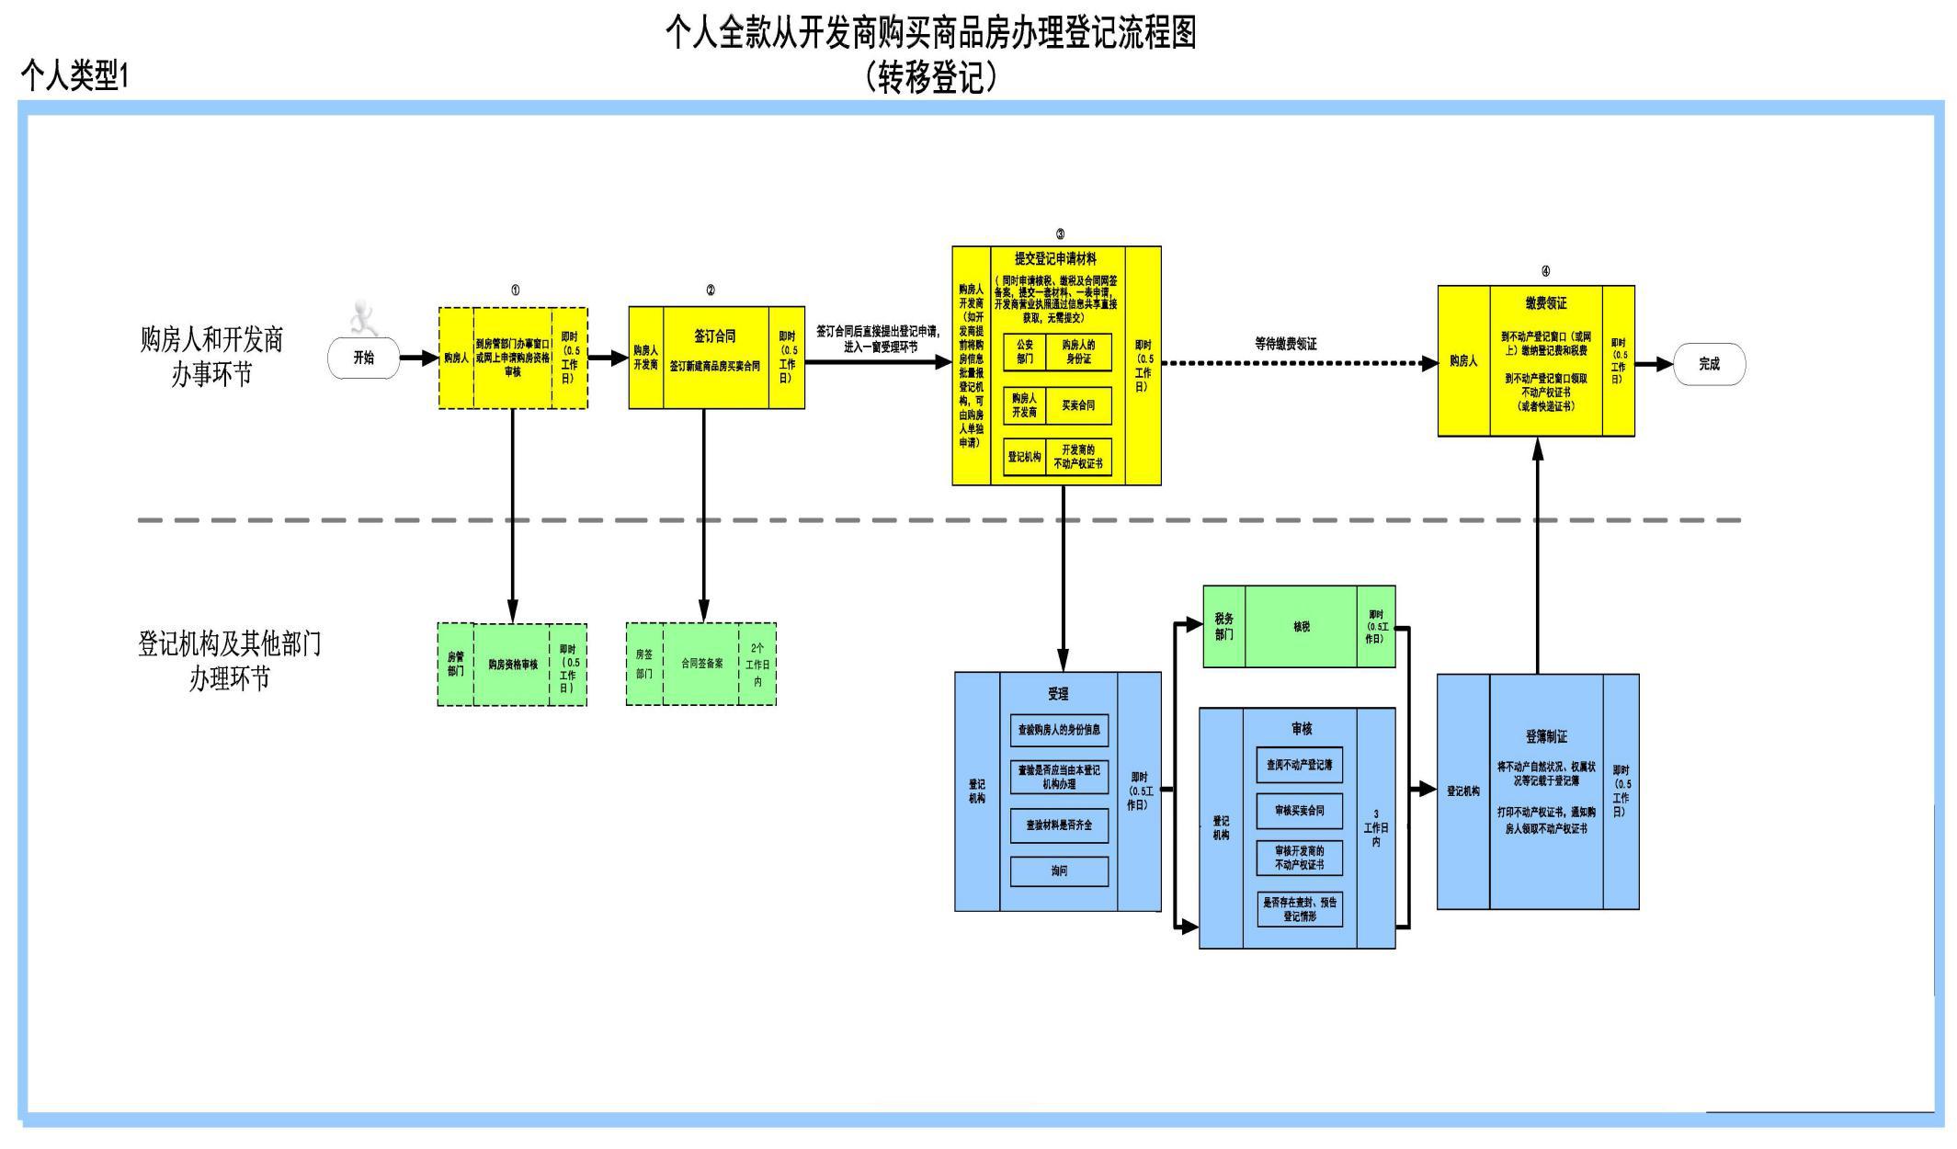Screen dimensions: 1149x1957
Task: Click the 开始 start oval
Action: click(364, 358)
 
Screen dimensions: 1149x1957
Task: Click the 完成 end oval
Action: click(1709, 364)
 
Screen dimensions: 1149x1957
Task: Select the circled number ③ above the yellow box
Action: click(1060, 235)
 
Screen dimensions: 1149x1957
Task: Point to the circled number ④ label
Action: click(1545, 271)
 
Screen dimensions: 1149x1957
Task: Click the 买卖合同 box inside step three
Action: click(1078, 405)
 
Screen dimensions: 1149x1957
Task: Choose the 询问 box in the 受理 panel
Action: click(1059, 870)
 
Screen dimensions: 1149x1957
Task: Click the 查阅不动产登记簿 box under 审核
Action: click(1299, 765)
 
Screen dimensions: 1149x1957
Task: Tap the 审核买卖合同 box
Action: click(1299, 811)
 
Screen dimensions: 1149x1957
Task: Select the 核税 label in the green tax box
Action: click(1302, 627)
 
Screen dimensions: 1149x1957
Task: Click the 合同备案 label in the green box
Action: click(701, 663)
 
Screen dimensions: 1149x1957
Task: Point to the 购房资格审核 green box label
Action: click(512, 665)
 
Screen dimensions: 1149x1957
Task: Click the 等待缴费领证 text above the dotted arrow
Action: click(1285, 344)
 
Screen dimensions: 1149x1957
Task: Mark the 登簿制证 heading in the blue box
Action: click(1546, 736)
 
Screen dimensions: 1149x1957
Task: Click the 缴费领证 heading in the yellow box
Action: click(1546, 303)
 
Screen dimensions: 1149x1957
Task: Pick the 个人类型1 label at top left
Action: click(74, 75)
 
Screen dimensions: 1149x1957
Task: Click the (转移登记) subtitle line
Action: click(931, 77)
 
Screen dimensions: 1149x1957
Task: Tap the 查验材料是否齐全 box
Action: click(1059, 825)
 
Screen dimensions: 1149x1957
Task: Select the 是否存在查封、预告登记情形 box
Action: click(1299, 909)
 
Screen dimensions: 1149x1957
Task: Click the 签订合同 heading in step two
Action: click(714, 336)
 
